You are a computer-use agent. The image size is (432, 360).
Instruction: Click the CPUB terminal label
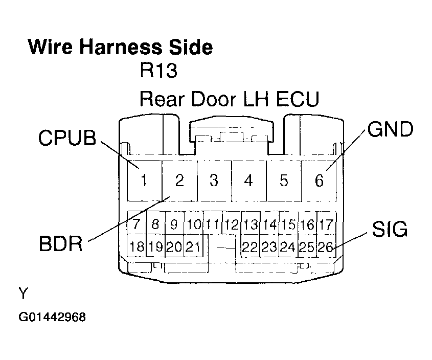(67, 138)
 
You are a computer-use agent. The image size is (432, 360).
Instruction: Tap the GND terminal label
(389, 130)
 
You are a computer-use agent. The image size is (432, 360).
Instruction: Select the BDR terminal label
(61, 243)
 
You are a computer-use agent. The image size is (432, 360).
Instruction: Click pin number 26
(325, 247)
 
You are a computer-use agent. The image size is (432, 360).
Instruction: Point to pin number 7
(137, 224)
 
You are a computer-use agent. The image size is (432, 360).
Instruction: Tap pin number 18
(137, 247)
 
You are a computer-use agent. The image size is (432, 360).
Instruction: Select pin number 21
(192, 247)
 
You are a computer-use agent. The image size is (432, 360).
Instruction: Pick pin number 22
(249, 247)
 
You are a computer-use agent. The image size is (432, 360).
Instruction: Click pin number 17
(325, 224)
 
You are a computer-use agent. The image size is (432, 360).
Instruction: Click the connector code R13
(158, 71)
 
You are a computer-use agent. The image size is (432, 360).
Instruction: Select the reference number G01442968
(52, 318)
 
